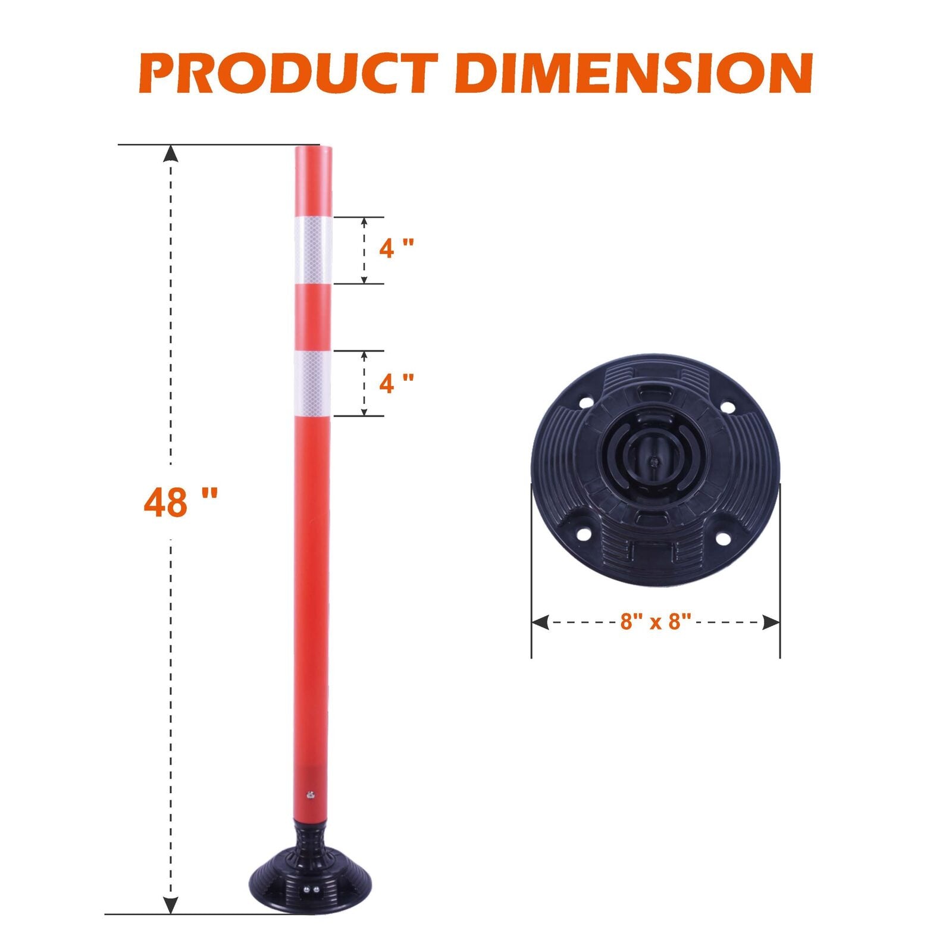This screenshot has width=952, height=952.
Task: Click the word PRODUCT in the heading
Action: click(x=289, y=74)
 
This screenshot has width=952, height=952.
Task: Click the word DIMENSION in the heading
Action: click(x=637, y=74)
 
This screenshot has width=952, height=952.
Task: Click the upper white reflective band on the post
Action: click(x=313, y=250)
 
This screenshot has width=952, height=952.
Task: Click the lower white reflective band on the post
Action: click(x=312, y=383)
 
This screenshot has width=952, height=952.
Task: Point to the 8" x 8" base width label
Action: click(x=655, y=622)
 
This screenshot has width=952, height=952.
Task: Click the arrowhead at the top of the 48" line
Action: click(x=171, y=154)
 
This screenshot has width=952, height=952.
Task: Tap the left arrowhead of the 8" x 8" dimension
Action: click(x=539, y=622)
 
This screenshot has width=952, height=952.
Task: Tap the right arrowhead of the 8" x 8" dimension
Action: click(x=771, y=622)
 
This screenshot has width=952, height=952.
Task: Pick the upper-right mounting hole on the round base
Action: click(x=727, y=407)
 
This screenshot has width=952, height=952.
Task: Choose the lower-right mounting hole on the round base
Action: click(x=723, y=538)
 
